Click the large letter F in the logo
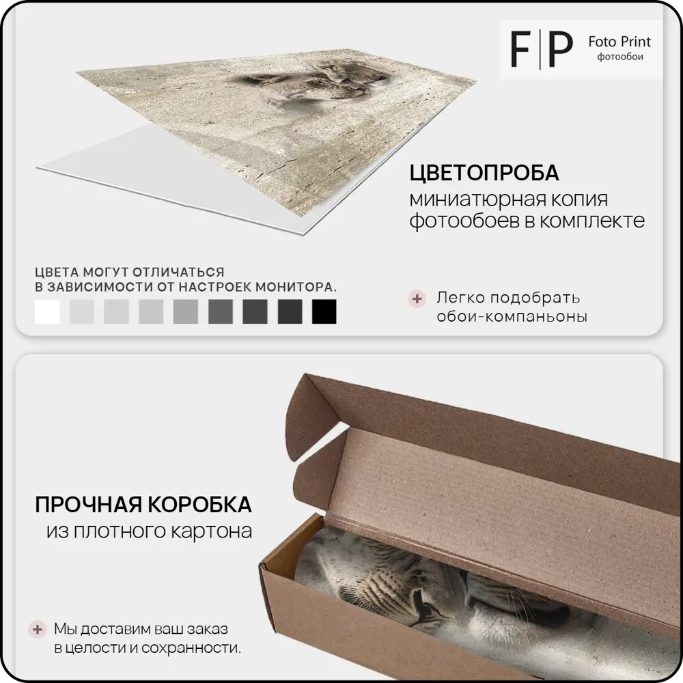click(x=520, y=49)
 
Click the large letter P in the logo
click(x=561, y=49)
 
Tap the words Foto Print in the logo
click(x=619, y=42)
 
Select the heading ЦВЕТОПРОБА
click(x=484, y=173)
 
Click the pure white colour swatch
click(x=47, y=311)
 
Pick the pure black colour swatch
click(x=324, y=311)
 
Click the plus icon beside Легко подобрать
click(x=417, y=299)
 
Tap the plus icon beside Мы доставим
click(x=38, y=630)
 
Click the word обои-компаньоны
click(x=512, y=317)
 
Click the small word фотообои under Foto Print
click(x=620, y=57)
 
